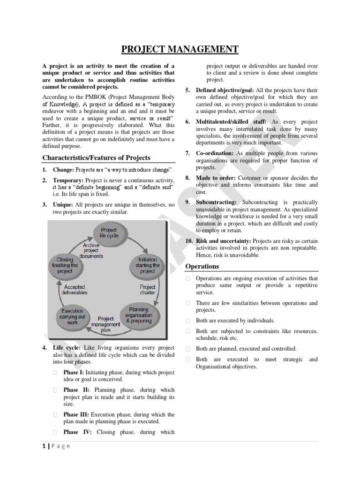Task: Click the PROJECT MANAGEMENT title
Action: [180, 49]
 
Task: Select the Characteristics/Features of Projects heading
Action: [96, 157]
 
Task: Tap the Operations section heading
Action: [202, 266]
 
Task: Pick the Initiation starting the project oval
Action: [147, 265]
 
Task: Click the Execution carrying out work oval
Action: [72, 317]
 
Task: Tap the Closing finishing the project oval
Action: [65, 265]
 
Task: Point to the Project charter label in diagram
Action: [148, 290]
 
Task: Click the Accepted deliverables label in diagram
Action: [75, 289]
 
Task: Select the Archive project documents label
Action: [91, 251]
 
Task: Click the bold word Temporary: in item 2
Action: [68, 180]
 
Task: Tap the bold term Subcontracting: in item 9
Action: [216, 202]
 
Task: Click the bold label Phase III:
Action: [76, 414]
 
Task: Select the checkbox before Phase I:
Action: [55, 373]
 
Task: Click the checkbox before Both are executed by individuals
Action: [187, 321]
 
